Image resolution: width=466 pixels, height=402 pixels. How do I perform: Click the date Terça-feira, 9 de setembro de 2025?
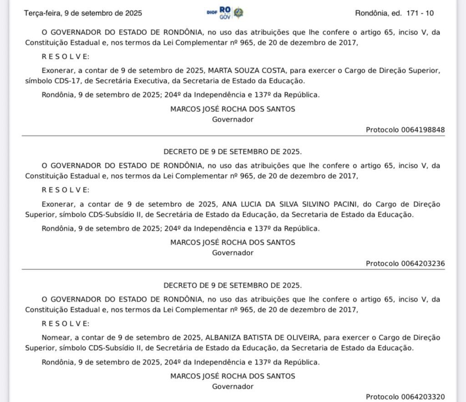[83, 13]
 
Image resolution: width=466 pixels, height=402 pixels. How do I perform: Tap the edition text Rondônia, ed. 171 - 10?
[394, 13]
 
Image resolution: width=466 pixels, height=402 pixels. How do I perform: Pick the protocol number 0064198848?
[423, 130]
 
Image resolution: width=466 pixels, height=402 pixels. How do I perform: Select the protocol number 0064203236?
[423, 263]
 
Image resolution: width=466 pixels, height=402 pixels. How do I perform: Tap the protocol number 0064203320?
[423, 397]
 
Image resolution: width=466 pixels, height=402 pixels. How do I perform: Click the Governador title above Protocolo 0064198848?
[233, 119]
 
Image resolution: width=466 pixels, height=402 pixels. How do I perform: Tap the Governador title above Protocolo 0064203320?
[233, 386]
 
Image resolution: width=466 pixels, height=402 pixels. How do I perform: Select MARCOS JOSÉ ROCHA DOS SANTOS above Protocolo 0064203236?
[233, 242]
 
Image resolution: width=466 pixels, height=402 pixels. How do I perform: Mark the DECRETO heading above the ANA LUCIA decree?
[233, 152]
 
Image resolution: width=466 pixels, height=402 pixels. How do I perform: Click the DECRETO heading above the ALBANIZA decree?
[233, 286]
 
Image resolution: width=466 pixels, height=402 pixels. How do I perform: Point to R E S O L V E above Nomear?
[66, 323]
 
